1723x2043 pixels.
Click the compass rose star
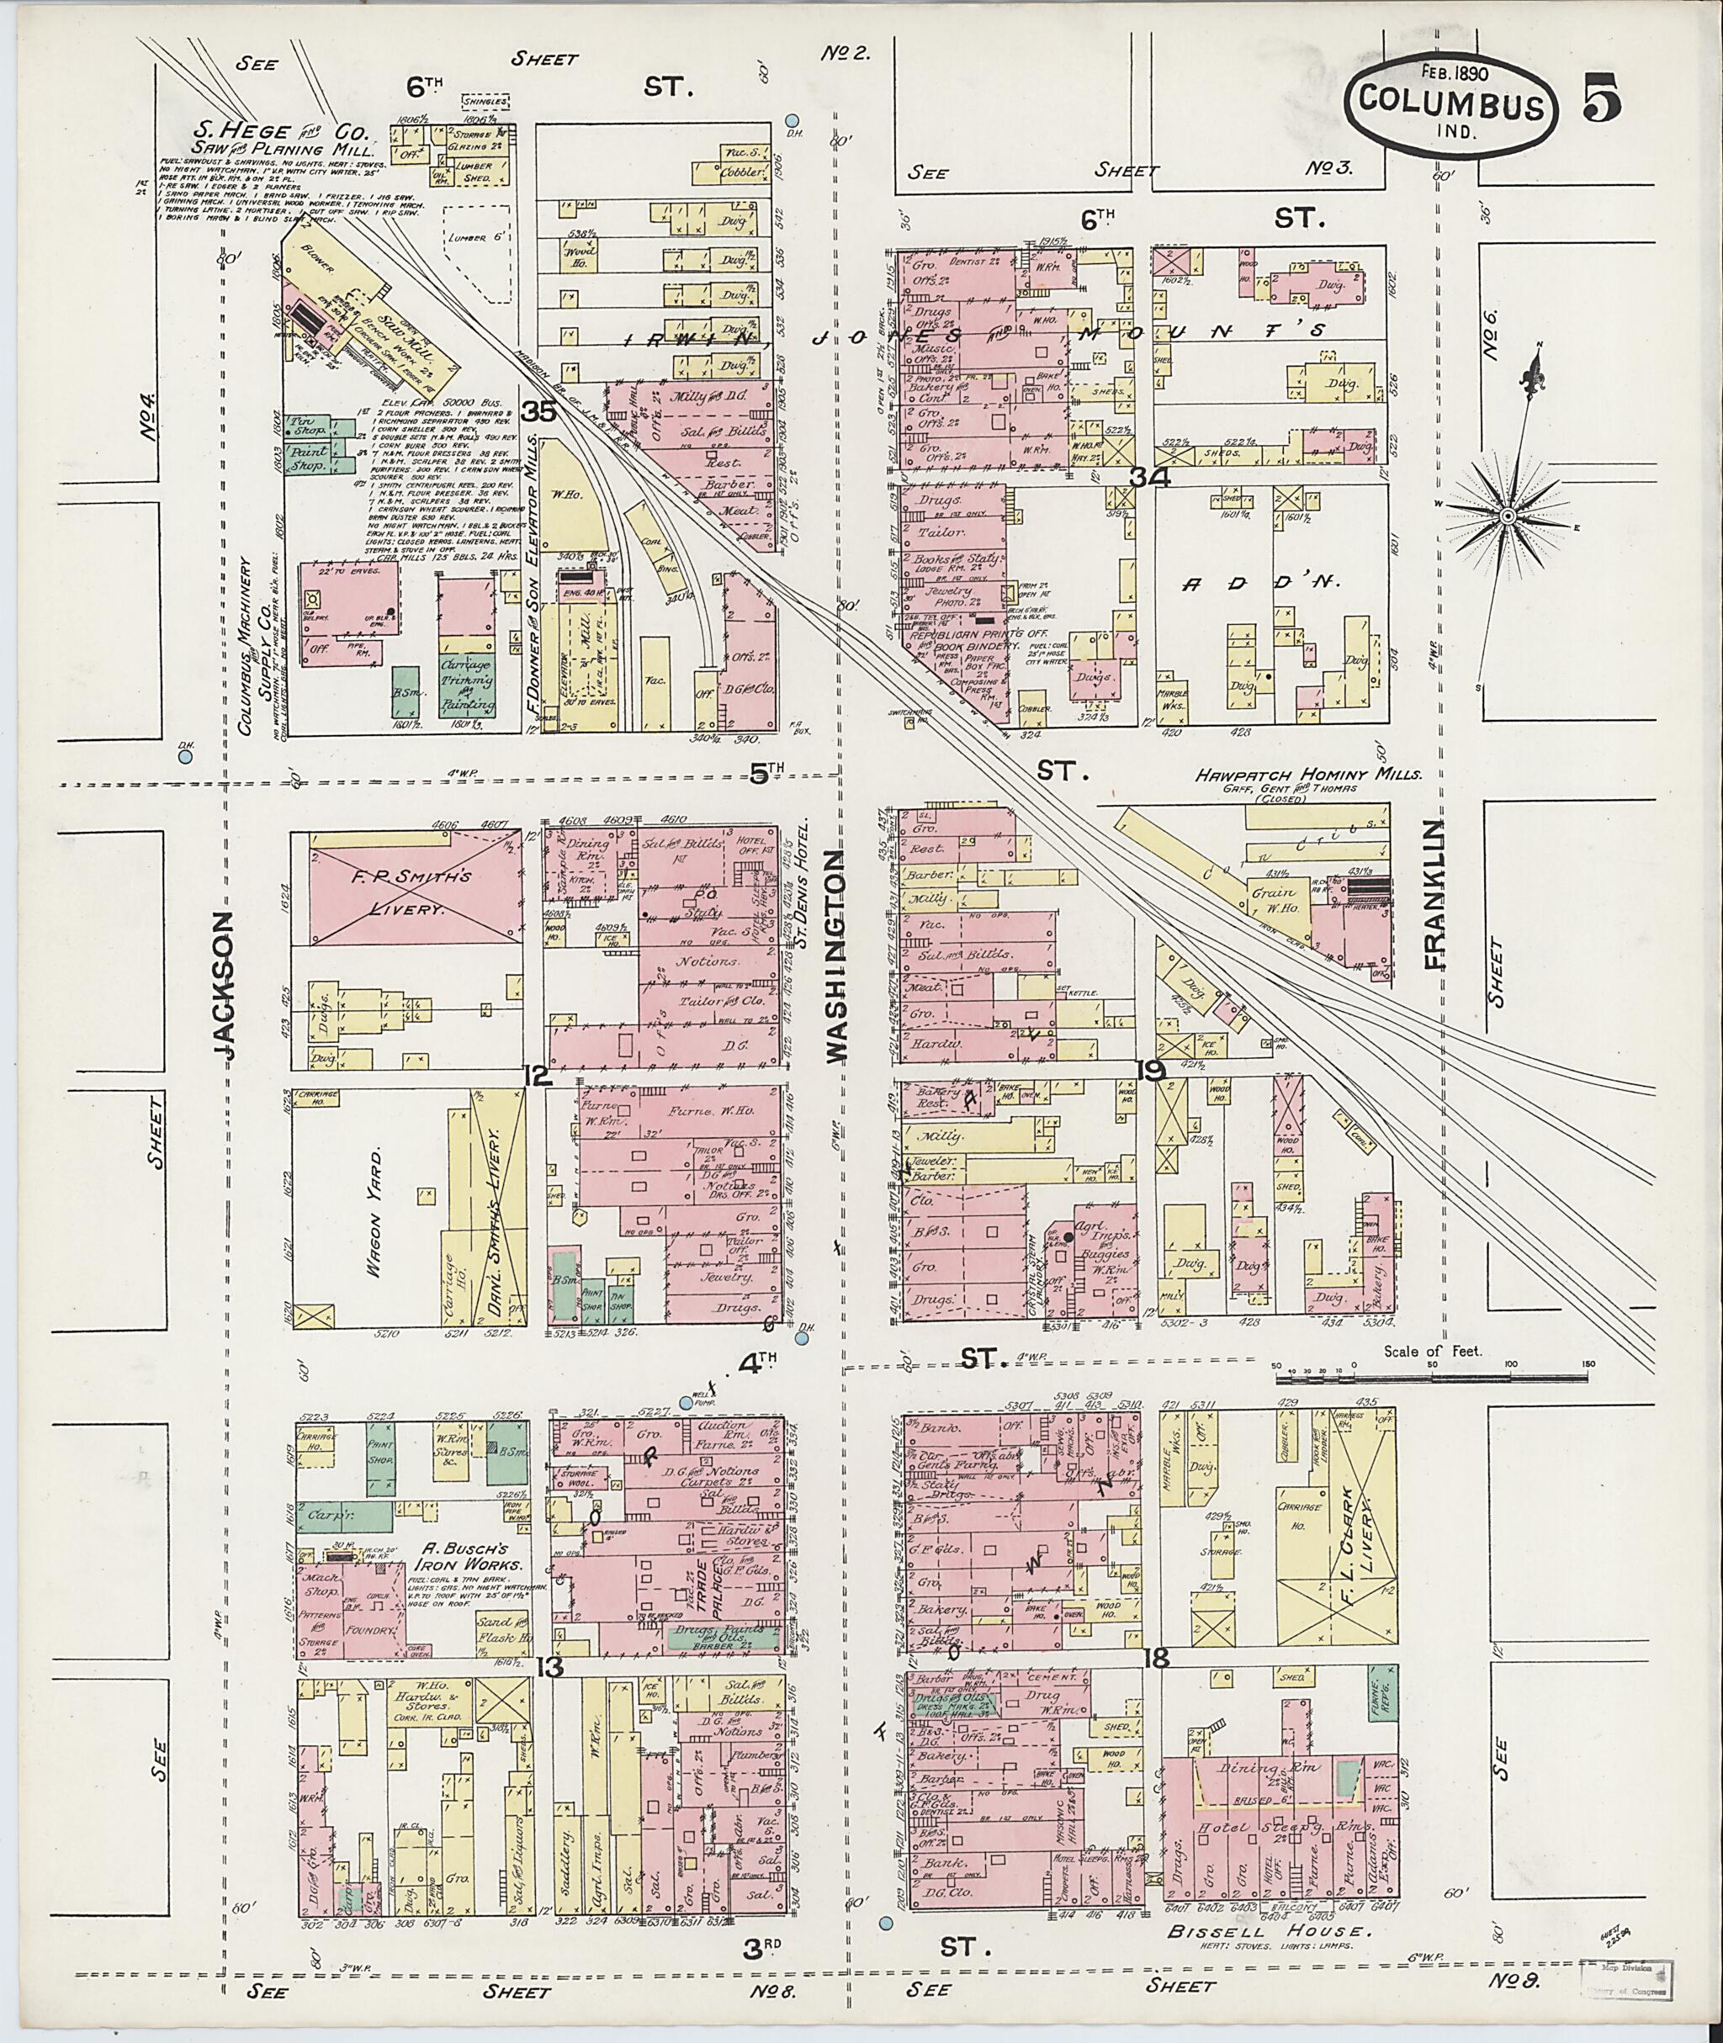point(1507,515)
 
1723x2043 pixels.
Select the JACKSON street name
point(224,986)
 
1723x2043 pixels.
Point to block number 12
point(538,1077)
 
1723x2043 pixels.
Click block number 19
point(1152,1072)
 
